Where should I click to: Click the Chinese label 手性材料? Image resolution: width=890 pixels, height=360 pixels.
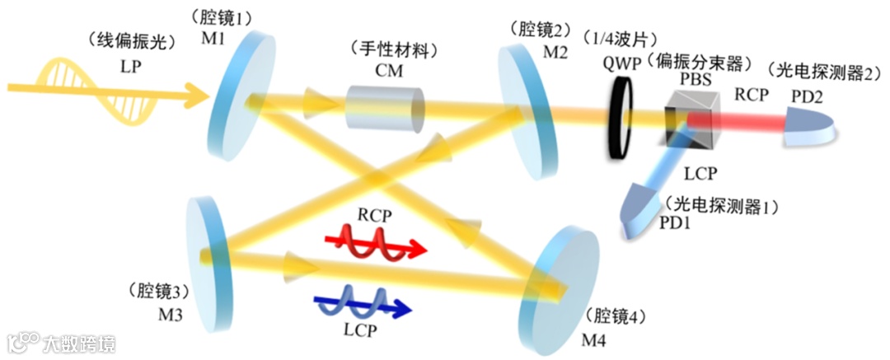(388, 49)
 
